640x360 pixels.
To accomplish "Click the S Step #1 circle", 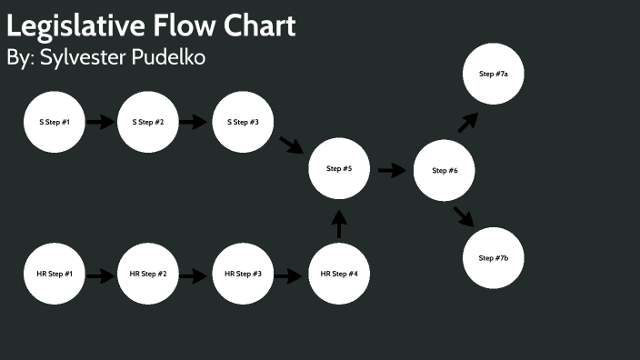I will pyautogui.click(x=54, y=121).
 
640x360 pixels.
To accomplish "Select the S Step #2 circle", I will pyautogui.click(x=148, y=121).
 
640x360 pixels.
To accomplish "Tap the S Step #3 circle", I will pyautogui.click(x=243, y=121).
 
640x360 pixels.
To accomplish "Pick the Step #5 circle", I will pyautogui.click(x=339, y=169).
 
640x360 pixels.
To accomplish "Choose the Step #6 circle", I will pyautogui.click(x=445, y=170).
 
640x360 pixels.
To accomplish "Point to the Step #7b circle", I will pyautogui.click(x=494, y=258).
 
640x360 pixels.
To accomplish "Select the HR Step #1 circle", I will pyautogui.click(x=54, y=274).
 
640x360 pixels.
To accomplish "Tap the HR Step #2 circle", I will pyautogui.click(x=148, y=274).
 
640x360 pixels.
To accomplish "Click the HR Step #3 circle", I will pyautogui.click(x=243, y=274).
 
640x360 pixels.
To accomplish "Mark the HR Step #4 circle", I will pyautogui.click(x=339, y=274).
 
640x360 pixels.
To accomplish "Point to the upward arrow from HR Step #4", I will pyautogui.click(x=339, y=224).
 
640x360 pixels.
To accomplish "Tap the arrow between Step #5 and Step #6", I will pyautogui.click(x=392, y=170).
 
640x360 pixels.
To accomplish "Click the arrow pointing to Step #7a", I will pyautogui.click(x=468, y=122).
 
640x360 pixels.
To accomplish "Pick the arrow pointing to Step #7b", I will pyautogui.click(x=465, y=216).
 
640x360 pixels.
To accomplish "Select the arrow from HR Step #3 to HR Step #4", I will pyautogui.click(x=288, y=275).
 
